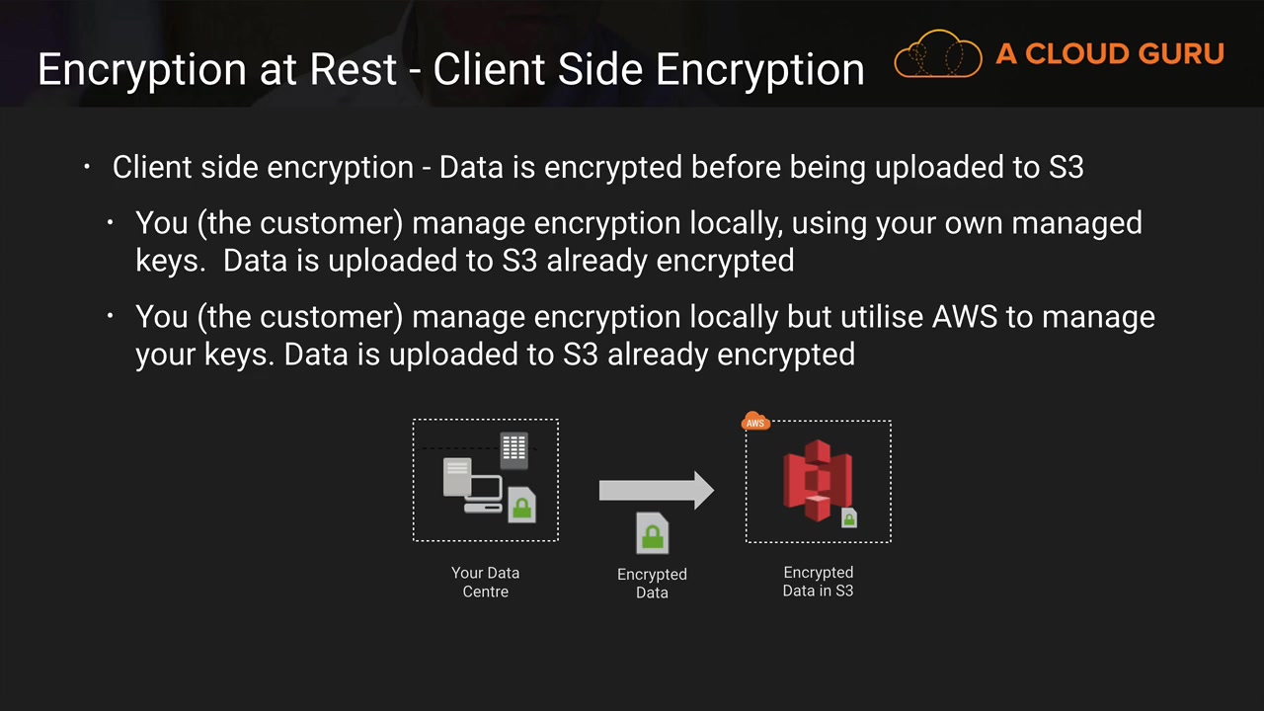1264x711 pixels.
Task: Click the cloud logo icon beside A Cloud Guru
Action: pyautogui.click(x=938, y=54)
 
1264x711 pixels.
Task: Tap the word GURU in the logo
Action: pyautogui.click(x=1179, y=54)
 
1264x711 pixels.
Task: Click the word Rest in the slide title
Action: pyautogui.click(x=366, y=69)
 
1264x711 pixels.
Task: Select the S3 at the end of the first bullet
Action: pyautogui.click(x=1066, y=167)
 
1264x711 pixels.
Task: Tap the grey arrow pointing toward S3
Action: pyautogui.click(x=656, y=490)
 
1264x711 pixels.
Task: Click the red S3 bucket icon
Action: pyautogui.click(x=817, y=481)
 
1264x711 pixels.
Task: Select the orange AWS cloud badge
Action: pyautogui.click(x=755, y=422)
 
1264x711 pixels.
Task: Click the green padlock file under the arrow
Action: pyautogui.click(x=652, y=534)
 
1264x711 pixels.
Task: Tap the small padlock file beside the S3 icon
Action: pyautogui.click(x=848, y=517)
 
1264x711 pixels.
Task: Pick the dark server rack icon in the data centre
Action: pyautogui.click(x=513, y=449)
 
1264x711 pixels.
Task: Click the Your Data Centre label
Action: pyautogui.click(x=485, y=582)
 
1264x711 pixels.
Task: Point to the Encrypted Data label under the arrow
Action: pyautogui.click(x=652, y=583)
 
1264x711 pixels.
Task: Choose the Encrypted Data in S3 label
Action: pyautogui.click(x=818, y=582)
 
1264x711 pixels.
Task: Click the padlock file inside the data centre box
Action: pyautogui.click(x=521, y=505)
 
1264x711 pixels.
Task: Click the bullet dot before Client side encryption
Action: pyautogui.click(x=87, y=167)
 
